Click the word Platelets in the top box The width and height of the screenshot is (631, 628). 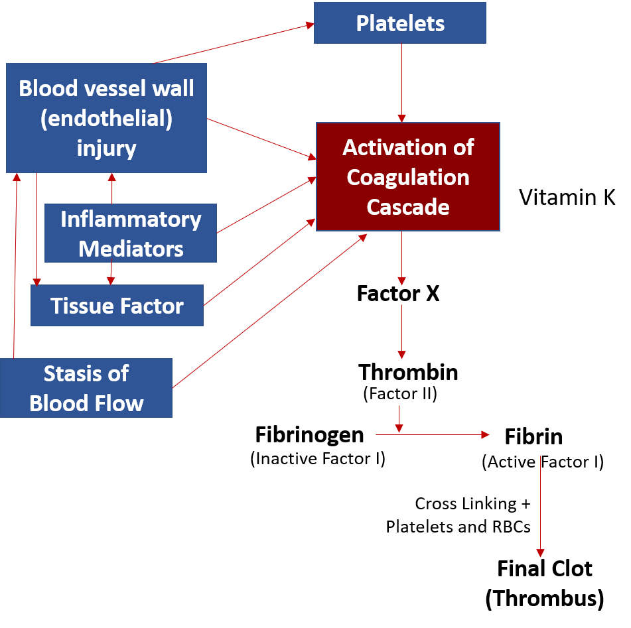(400, 23)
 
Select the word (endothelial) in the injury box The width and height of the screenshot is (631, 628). (106, 118)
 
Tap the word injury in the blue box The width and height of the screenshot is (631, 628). (106, 147)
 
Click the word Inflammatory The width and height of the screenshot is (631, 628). (131, 219)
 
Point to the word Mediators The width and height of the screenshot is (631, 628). (131, 249)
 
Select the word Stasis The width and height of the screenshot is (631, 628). (86, 373)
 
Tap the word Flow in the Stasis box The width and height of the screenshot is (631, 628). (119, 403)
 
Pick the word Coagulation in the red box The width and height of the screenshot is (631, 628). (408, 177)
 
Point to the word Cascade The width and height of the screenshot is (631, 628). (408, 207)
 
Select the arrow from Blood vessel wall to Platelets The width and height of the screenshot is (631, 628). (232, 44)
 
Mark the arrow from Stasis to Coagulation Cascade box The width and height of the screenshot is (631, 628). (269, 311)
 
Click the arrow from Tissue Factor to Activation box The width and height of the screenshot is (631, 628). (259, 262)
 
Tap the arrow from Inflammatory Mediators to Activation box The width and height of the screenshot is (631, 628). (265, 205)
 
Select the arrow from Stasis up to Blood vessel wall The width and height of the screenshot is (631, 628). (15, 265)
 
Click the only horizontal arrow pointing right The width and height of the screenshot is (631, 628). (431, 435)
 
